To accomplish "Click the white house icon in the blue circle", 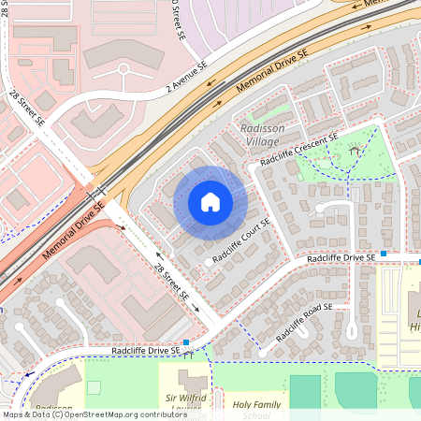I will [x=210, y=202].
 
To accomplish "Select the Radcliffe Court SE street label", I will [x=240, y=241].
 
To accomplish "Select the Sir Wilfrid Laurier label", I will [x=183, y=403].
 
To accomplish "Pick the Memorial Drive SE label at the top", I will [x=271, y=71].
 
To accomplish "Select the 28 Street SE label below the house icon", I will [x=172, y=283].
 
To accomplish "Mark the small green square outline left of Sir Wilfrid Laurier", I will [x=93, y=386].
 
